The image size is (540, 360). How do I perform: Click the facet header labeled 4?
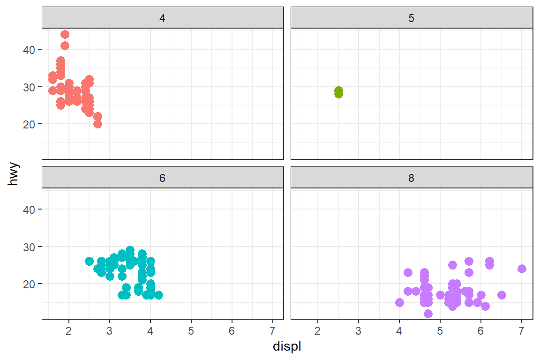tap(162, 18)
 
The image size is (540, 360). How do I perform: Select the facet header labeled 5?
tap(412, 18)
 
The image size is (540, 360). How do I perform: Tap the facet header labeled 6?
tap(162, 178)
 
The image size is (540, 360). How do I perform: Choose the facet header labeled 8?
tap(412, 178)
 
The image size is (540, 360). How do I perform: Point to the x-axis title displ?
tap(287, 347)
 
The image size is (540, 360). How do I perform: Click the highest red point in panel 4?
tap(65, 35)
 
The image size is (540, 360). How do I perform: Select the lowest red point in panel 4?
tap(97, 124)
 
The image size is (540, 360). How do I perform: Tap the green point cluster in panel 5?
tap(338, 92)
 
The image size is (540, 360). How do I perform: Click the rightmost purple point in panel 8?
tap(522, 269)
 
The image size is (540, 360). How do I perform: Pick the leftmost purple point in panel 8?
tap(399, 302)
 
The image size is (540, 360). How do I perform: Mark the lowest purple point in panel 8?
tap(428, 314)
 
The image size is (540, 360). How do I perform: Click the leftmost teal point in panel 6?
tap(89, 261)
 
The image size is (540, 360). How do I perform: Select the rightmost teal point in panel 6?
tap(158, 295)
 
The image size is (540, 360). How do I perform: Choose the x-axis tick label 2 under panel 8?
tap(318, 331)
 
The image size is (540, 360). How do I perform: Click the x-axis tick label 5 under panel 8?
tap(440, 331)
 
